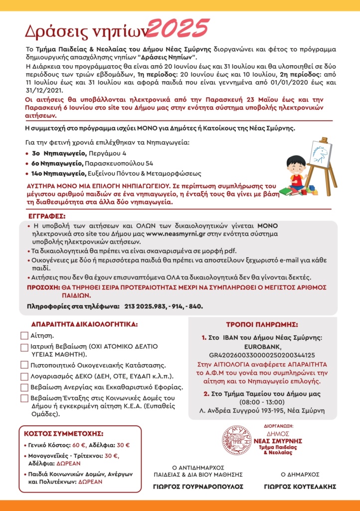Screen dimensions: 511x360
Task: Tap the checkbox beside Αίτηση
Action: tap(24, 336)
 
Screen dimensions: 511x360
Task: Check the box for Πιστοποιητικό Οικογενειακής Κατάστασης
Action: tap(24, 365)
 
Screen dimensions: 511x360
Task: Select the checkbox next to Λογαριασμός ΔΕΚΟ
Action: tap(24, 376)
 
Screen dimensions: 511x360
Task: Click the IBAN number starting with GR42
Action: tap(262, 355)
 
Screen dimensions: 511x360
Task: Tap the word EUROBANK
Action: tap(262, 347)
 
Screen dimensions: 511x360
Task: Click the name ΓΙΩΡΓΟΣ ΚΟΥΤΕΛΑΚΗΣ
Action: tap(300, 486)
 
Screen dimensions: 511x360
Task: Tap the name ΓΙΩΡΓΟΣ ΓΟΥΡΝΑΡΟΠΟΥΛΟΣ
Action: tap(198, 486)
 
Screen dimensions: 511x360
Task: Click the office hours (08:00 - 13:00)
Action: tap(262, 402)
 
